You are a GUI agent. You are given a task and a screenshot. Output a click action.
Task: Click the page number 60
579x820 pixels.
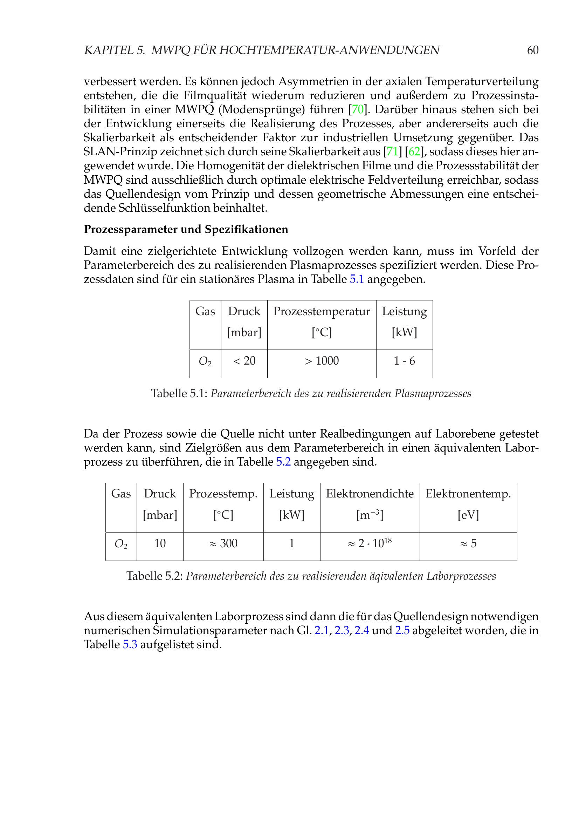(x=532, y=50)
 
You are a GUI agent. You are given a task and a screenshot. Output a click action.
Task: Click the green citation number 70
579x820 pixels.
(x=358, y=109)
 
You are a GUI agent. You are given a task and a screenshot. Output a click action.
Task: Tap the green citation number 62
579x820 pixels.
(x=414, y=152)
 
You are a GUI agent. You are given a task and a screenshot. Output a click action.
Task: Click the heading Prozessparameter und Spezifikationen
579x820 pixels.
(x=186, y=229)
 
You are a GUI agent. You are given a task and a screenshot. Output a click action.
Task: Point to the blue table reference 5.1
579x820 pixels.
(x=356, y=279)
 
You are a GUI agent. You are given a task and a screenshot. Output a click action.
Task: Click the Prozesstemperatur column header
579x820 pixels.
(x=322, y=311)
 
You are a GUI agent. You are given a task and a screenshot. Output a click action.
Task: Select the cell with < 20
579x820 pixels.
(x=244, y=361)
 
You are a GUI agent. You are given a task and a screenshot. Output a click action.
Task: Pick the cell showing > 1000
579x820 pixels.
(x=322, y=361)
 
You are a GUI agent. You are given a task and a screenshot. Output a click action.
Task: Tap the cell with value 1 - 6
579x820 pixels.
(x=404, y=361)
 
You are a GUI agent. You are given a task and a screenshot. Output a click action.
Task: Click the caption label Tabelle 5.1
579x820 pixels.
(x=179, y=394)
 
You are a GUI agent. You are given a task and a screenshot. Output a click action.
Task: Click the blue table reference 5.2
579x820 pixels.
(x=283, y=462)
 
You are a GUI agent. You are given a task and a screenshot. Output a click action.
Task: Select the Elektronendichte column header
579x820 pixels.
(x=370, y=494)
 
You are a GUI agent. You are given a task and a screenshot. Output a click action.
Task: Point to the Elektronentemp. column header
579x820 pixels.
(x=468, y=494)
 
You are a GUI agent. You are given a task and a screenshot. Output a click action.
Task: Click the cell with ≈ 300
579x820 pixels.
(x=223, y=543)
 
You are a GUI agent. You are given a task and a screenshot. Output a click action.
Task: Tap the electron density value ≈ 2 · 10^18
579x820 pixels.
(x=370, y=543)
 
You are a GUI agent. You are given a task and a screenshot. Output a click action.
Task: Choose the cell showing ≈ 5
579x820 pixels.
(x=468, y=543)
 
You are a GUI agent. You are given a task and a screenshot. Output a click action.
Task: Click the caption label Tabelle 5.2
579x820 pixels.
(x=154, y=576)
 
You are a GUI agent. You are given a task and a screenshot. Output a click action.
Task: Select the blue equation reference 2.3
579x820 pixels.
(x=342, y=631)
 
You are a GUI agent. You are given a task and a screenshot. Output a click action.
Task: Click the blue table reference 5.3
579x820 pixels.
(x=130, y=645)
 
